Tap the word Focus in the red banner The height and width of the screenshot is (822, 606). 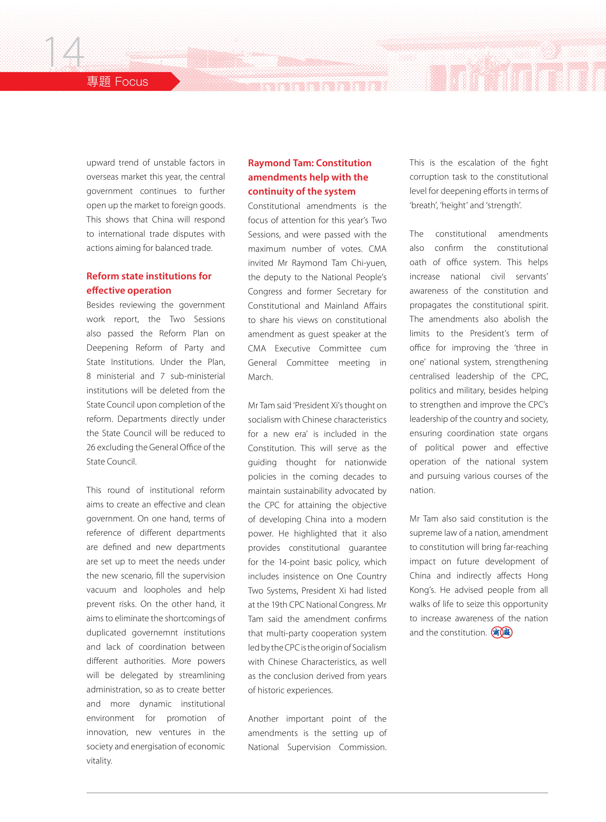click(x=131, y=81)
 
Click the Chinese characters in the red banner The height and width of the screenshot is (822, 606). click(x=99, y=81)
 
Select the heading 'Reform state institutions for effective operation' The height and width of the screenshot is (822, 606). click(x=148, y=283)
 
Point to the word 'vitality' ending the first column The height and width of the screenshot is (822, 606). click(x=99, y=760)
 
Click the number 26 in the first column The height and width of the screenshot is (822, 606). click(x=90, y=447)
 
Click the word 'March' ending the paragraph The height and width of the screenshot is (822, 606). click(x=260, y=377)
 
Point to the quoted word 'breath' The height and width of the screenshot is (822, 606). click(x=422, y=205)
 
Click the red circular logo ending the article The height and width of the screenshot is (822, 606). click(x=502, y=632)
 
